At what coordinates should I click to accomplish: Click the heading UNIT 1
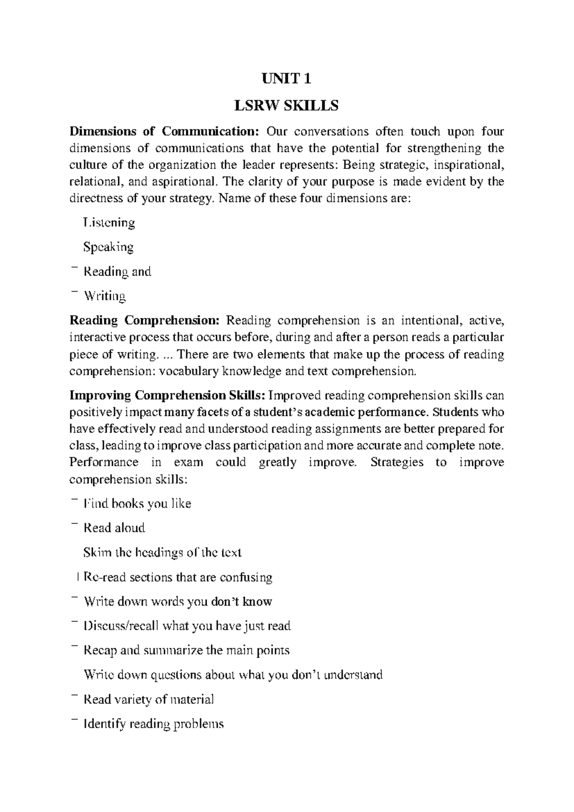click(286, 79)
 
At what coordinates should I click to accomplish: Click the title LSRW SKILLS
click(286, 105)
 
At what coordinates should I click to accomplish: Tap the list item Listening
click(109, 223)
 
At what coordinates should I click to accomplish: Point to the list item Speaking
click(108, 247)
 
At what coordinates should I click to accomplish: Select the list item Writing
click(105, 296)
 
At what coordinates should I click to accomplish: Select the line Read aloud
click(114, 528)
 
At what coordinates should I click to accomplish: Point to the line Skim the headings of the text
click(162, 553)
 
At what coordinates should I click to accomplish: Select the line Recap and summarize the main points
click(186, 650)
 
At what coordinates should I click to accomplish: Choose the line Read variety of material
click(148, 699)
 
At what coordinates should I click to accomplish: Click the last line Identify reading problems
click(153, 724)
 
